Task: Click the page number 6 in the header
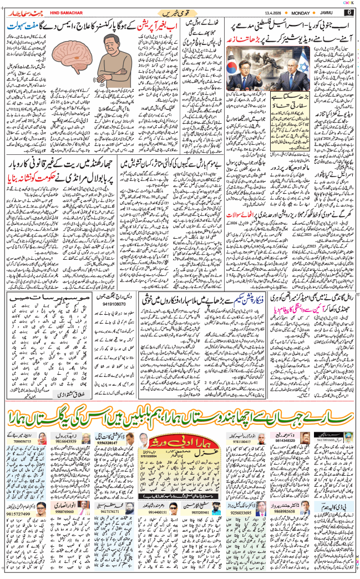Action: tap(349, 12)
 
